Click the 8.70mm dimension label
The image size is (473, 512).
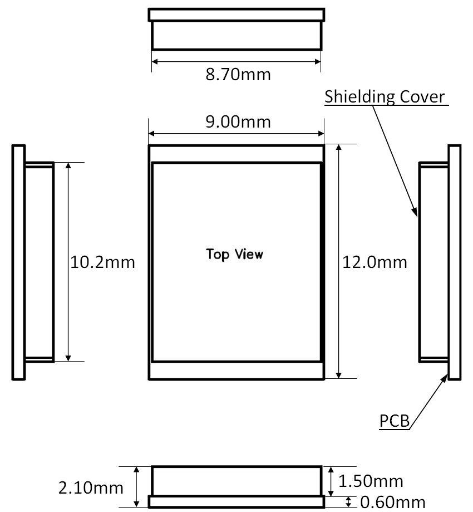coord(238,74)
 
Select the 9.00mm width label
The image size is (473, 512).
coord(238,121)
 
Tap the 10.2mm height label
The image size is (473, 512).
coord(103,262)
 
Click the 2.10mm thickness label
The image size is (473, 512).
coord(91,488)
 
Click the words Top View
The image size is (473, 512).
coord(234,255)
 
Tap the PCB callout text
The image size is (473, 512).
coord(395,421)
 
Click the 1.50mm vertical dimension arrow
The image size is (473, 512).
coord(332,481)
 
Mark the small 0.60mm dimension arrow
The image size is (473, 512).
coord(348,502)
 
